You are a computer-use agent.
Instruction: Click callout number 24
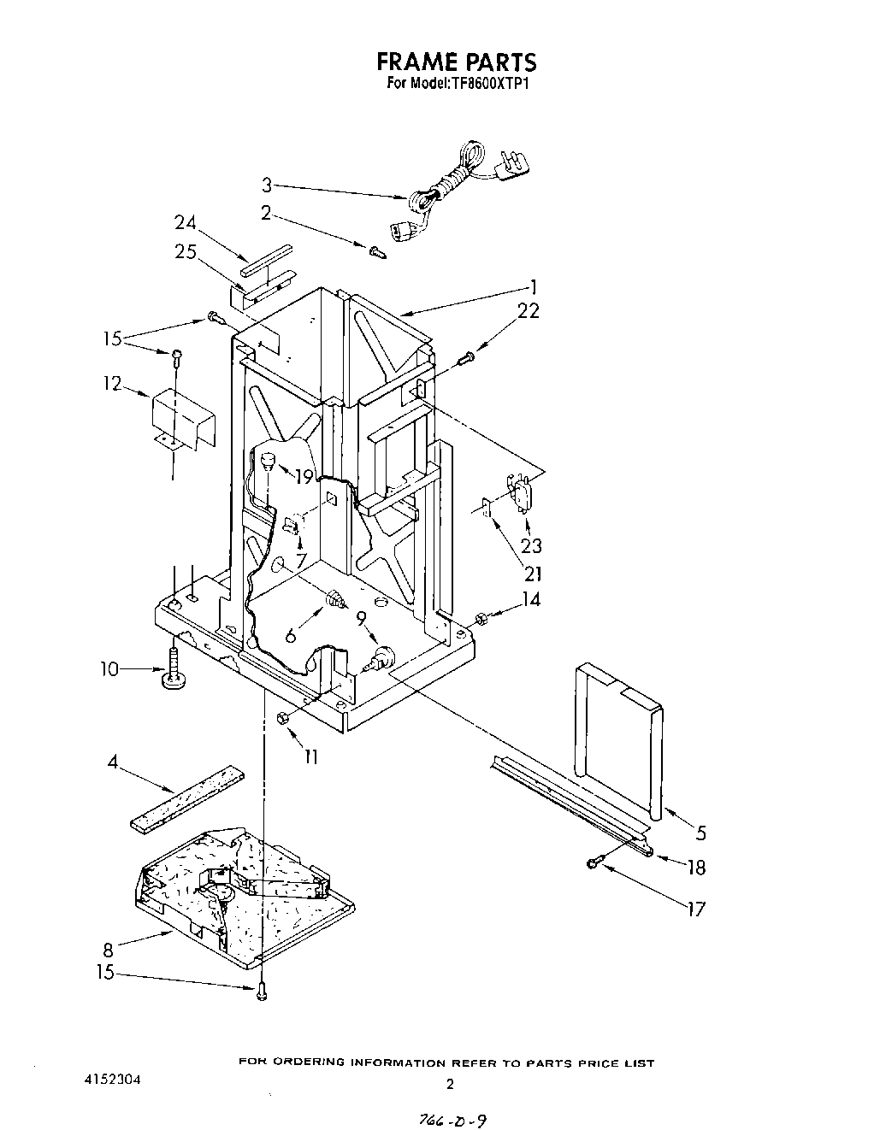[186, 223]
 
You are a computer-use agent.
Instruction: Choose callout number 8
[107, 948]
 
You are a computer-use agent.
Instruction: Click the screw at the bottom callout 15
[260, 989]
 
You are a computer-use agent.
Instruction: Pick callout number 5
[701, 831]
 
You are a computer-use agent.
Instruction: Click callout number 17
[697, 908]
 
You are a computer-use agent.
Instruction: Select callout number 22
[529, 311]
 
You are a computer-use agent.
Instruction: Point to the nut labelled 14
[481, 617]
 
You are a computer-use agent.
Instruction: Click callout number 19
[304, 477]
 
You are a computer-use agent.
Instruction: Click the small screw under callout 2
[377, 250]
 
